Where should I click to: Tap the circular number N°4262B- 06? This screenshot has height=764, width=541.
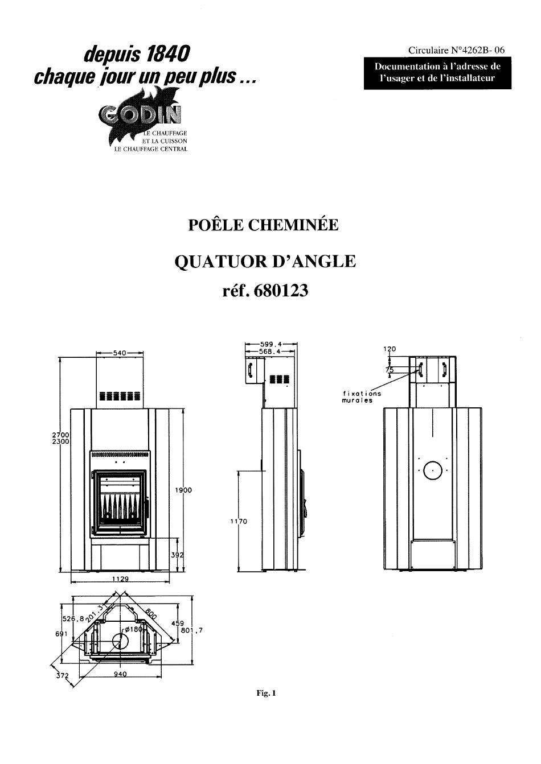click(x=456, y=51)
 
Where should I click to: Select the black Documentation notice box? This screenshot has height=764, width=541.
click(x=437, y=73)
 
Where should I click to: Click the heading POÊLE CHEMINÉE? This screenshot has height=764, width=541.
click(x=263, y=225)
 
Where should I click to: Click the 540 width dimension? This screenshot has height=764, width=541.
click(x=120, y=353)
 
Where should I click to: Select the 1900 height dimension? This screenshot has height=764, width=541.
click(x=183, y=490)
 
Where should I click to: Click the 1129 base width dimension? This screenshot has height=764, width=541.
click(x=120, y=579)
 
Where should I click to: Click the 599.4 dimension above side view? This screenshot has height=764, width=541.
click(x=270, y=344)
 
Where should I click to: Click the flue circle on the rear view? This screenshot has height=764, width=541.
click(x=432, y=470)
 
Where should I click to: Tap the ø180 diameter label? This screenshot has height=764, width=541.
click(x=133, y=629)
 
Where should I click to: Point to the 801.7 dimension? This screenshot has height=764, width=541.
click(x=191, y=630)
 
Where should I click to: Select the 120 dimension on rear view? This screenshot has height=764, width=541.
click(x=390, y=349)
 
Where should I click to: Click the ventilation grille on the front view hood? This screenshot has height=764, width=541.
click(x=120, y=396)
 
